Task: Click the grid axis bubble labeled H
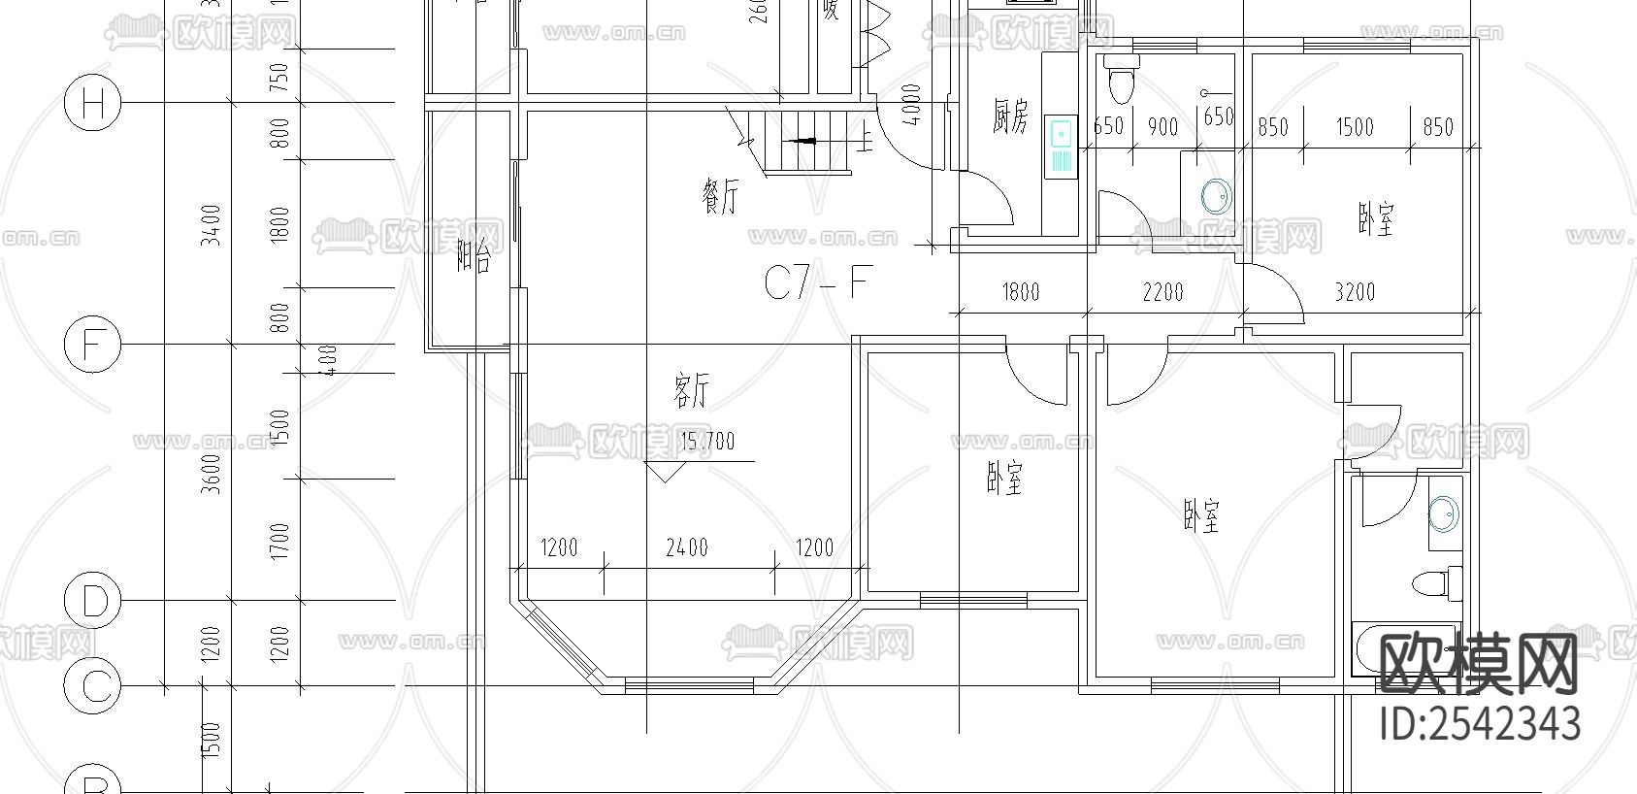(92, 104)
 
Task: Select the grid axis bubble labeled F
(92, 345)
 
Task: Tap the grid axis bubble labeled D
(92, 601)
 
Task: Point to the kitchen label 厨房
(1009, 116)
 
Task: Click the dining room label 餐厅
(719, 196)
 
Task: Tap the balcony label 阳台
(474, 258)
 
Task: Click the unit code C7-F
(815, 284)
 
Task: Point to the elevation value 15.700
(707, 443)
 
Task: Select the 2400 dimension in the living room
(686, 548)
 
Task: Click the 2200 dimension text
(1162, 291)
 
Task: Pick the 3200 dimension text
(1354, 291)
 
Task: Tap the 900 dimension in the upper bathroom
(1162, 127)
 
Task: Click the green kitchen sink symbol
(1061, 146)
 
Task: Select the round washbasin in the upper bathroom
(1215, 197)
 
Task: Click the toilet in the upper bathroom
(1121, 81)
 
